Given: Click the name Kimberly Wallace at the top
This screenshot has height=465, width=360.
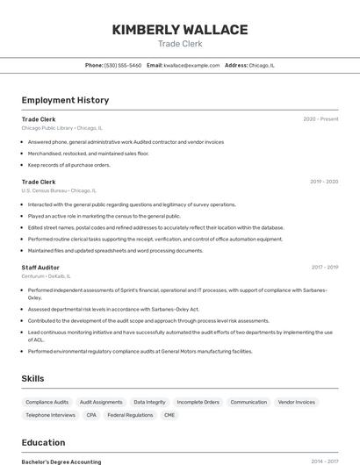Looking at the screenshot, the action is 179,30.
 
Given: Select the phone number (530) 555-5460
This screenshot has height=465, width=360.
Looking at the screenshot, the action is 123,65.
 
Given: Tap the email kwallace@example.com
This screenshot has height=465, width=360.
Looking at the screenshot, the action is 191,65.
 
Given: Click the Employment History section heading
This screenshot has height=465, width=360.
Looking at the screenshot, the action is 65,100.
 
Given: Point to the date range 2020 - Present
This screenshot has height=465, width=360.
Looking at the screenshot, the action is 320,119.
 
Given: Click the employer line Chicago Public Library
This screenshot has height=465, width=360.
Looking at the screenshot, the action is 61,128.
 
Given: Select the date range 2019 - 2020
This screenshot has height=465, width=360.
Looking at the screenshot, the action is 324,182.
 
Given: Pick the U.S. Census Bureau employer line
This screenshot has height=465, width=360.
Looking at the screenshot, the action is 59,190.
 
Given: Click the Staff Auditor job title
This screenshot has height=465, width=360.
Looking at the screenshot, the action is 40,267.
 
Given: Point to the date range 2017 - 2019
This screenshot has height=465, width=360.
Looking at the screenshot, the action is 324,267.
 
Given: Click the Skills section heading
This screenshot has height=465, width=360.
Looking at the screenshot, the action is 33,378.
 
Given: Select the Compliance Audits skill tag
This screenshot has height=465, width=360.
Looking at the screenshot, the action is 47,402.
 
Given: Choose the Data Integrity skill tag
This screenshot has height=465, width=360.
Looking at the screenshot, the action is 149,402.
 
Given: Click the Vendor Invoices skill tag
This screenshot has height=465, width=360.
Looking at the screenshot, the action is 296,402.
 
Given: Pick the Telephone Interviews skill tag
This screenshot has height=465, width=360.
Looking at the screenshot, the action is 50,415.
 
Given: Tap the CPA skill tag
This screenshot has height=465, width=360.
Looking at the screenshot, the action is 91,415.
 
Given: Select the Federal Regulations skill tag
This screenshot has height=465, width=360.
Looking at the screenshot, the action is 130,415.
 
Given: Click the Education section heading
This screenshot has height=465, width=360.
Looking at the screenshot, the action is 43,442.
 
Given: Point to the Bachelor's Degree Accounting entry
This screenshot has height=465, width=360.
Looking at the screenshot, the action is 61,461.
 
